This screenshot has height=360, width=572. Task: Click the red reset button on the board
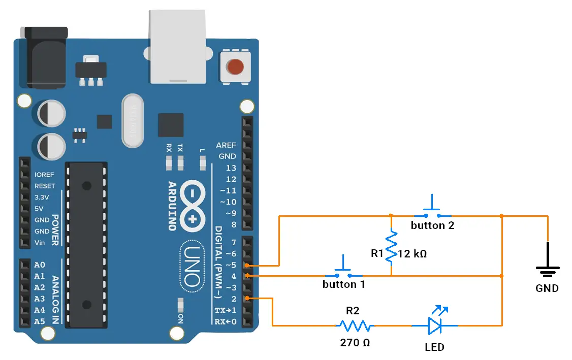pos(235,67)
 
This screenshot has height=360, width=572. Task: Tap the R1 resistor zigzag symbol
pos(391,247)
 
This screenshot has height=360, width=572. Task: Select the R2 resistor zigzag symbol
pos(356,325)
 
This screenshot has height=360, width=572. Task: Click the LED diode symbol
pos(435,325)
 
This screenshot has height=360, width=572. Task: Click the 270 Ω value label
pos(355,343)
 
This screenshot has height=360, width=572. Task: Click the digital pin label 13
pos(231,168)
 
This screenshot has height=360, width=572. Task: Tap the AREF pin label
pos(226,145)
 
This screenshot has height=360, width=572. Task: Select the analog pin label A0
pos(40,265)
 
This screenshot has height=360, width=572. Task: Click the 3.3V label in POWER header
pos(42,198)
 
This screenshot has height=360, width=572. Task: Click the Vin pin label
pos(40,243)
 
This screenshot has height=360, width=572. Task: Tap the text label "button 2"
pos(432,226)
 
